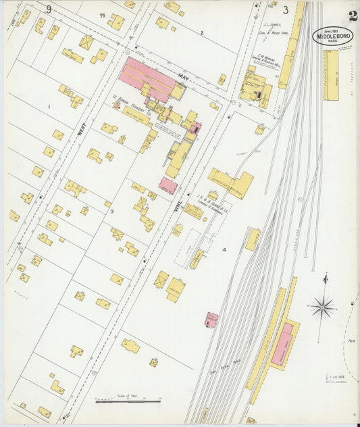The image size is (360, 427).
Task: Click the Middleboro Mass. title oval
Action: tap(332, 36)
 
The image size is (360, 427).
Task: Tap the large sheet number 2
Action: tap(353, 15)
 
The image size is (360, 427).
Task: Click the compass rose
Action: tap(323, 307)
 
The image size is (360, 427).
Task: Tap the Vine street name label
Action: tap(179, 211)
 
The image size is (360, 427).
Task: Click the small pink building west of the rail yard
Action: tap(212, 319)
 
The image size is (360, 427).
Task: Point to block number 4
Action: tap(224, 249)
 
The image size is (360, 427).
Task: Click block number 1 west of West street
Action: tap(49, 107)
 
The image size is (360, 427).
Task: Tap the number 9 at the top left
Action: tap(49, 9)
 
